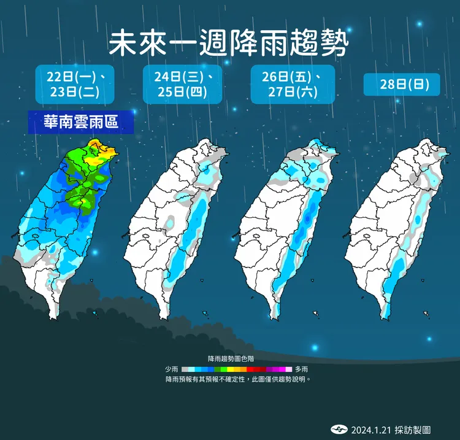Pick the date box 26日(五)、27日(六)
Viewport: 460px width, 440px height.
(293, 85)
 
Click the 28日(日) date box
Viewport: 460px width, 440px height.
(401, 85)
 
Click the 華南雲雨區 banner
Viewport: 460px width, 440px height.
(80, 122)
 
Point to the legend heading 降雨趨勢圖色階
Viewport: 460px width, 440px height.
(231, 358)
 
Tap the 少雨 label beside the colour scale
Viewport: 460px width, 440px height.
(172, 369)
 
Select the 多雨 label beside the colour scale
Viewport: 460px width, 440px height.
(301, 369)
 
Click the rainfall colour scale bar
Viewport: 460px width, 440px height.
(237, 369)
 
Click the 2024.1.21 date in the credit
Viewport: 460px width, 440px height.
(368, 430)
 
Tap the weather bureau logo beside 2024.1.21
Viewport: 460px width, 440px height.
(339, 430)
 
